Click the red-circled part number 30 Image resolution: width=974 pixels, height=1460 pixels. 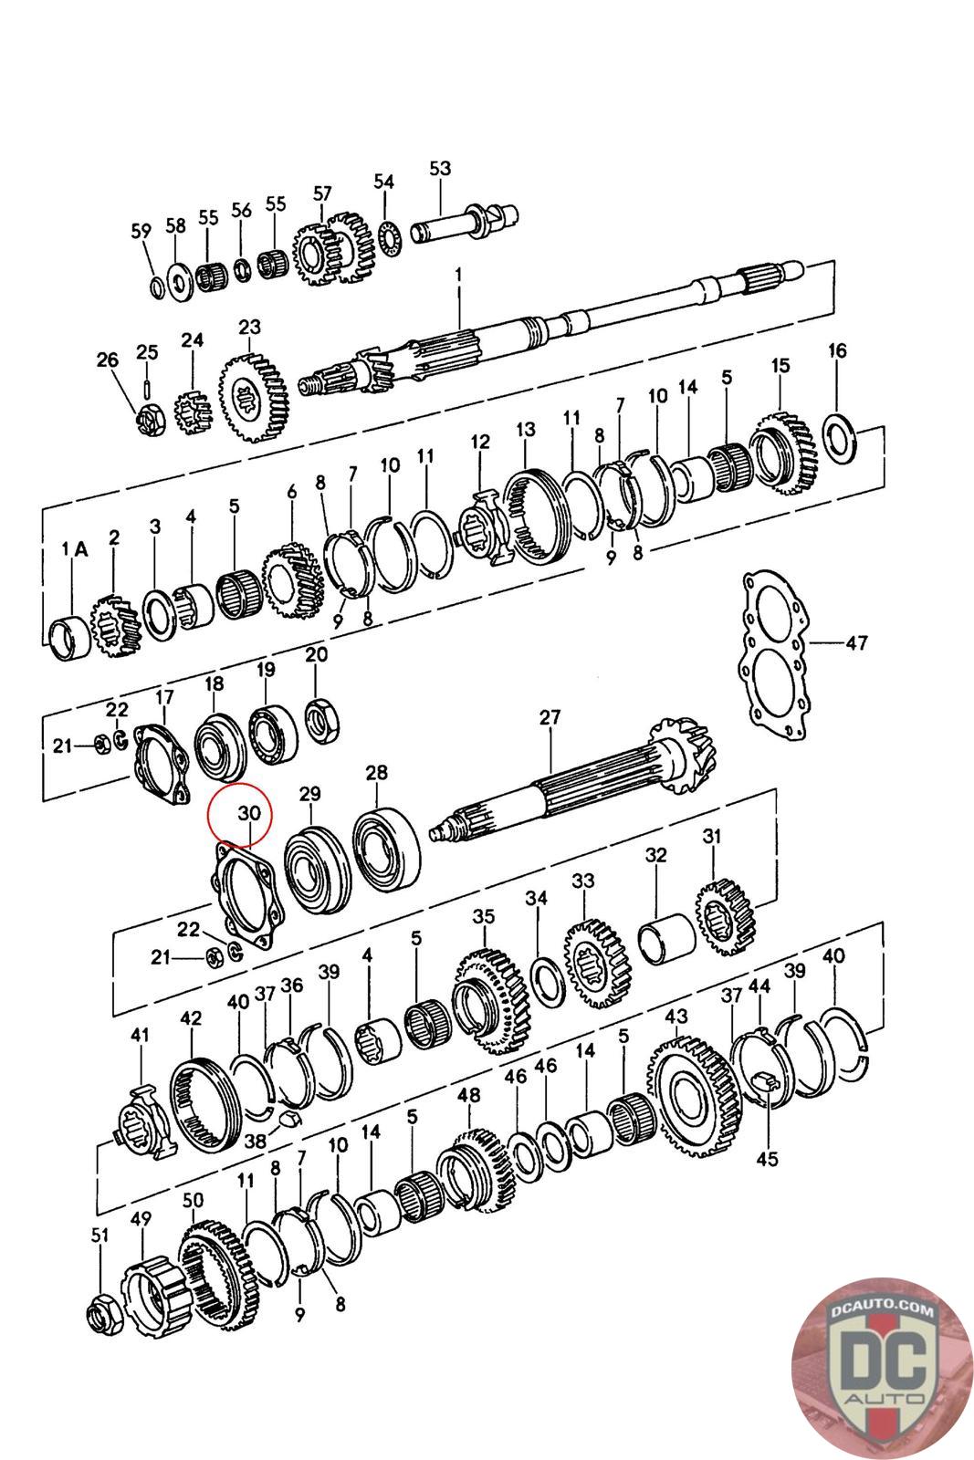point(249,812)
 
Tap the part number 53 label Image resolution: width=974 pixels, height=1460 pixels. point(440,168)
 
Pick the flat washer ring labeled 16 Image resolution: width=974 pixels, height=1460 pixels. point(839,436)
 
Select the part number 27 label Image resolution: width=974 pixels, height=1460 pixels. point(550,717)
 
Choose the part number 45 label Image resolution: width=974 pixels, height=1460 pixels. point(767,1158)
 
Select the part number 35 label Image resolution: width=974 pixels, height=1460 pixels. point(484,915)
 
